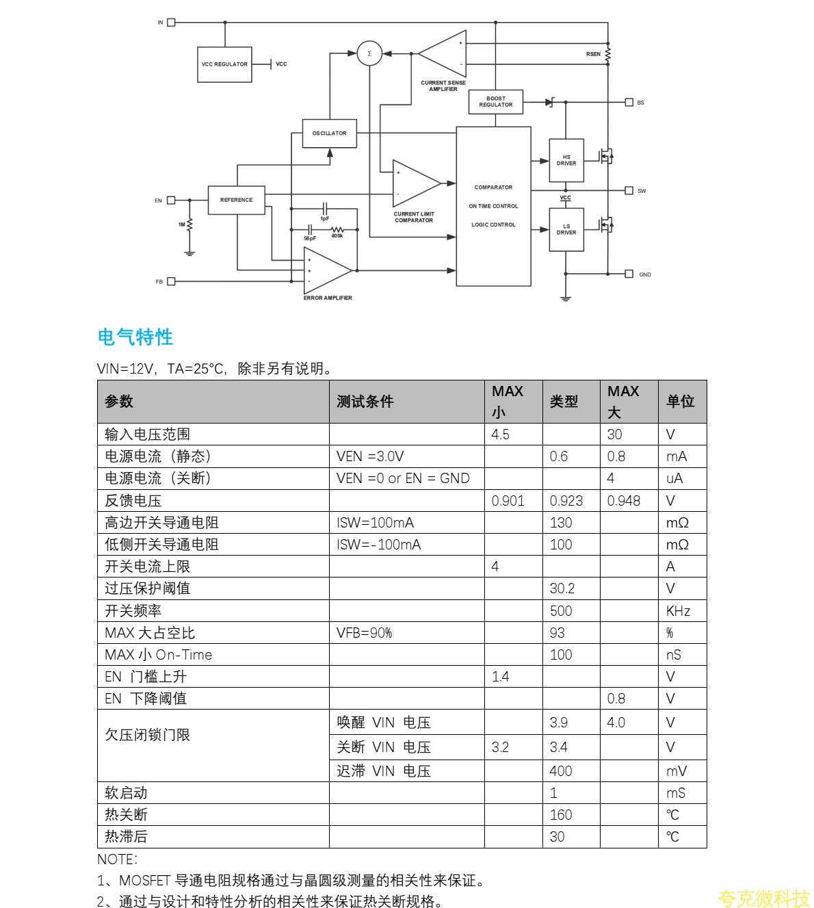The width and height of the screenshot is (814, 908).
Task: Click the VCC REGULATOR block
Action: [x=224, y=64]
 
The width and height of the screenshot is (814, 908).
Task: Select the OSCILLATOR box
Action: [x=330, y=133]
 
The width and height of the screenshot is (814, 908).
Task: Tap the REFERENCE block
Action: [x=236, y=200]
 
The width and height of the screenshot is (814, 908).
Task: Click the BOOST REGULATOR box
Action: [x=496, y=102]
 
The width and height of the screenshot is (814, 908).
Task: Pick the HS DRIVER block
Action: [x=566, y=161]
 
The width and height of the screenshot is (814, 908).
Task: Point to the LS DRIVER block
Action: [x=566, y=230]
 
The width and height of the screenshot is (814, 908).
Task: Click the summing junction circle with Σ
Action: [x=369, y=53]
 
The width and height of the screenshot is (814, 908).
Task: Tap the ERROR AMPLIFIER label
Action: [x=328, y=298]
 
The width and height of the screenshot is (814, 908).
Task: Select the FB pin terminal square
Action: [x=171, y=281]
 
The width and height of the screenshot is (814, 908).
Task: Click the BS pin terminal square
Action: [x=629, y=103]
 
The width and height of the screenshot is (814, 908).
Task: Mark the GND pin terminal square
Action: [x=629, y=274]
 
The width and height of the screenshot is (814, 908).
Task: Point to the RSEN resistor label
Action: [x=593, y=54]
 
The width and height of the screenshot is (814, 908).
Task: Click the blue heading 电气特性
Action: [x=135, y=337]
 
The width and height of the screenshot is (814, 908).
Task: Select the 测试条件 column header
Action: [x=365, y=402]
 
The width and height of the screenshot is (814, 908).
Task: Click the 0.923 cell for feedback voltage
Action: [x=566, y=501]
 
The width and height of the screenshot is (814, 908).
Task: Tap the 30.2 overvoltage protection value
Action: [x=562, y=588]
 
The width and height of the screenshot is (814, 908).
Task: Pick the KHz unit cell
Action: [x=678, y=611]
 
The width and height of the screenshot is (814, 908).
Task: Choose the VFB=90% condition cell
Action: [x=365, y=633]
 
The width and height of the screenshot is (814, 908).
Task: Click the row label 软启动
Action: [x=127, y=793]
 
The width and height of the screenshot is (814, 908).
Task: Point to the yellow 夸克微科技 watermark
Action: [x=763, y=898]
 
